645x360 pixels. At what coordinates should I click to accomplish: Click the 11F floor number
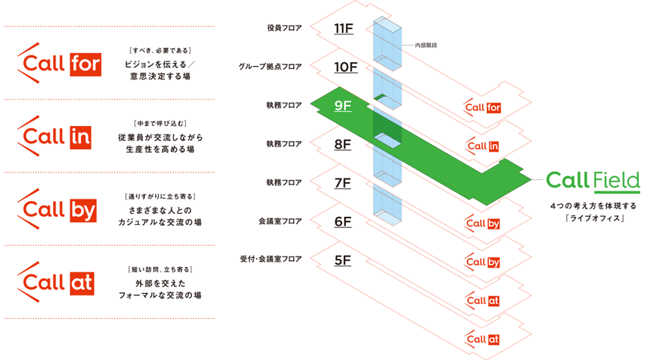coord(343,29)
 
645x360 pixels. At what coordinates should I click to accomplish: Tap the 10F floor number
coord(346,67)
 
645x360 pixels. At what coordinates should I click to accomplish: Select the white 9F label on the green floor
coord(343,106)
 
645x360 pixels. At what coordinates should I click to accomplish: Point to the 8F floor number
coord(343,144)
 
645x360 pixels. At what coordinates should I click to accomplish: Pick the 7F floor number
coord(343,183)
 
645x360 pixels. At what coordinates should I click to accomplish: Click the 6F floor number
coord(343,222)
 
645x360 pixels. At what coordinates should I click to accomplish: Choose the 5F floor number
coord(343,260)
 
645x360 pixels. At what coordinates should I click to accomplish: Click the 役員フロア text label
coord(284,28)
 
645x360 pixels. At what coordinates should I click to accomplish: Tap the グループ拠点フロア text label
coord(271,67)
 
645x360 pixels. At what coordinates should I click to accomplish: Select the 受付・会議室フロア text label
coord(270,259)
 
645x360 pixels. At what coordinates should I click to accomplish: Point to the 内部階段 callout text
coord(426,46)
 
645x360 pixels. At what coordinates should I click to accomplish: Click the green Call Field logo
coord(592,181)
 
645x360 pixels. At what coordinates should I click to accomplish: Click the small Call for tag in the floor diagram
coord(482,107)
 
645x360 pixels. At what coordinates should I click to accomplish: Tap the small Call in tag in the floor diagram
coord(482,145)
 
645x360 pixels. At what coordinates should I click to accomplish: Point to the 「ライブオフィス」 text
coord(592,219)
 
